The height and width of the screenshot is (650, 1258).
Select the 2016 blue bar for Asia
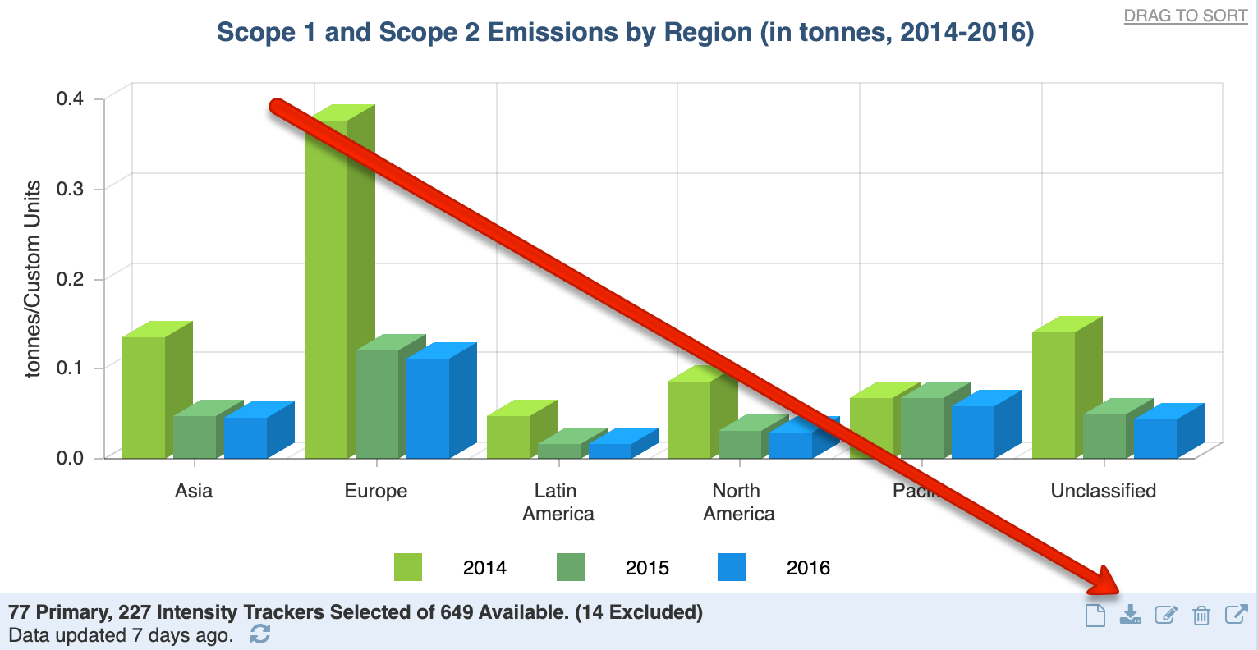point(246,437)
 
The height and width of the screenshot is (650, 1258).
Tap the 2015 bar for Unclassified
point(1104,436)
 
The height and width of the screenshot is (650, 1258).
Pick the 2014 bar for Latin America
point(508,437)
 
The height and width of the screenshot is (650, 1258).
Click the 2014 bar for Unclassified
point(1054,395)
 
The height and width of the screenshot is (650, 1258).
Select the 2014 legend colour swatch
point(408,567)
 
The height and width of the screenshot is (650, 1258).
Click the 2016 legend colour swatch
point(732,567)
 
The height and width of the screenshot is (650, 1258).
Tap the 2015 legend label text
point(647,568)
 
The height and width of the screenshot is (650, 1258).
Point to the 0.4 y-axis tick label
point(70,98)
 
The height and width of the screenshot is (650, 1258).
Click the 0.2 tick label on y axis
point(70,278)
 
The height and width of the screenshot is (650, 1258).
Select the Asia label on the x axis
point(194,491)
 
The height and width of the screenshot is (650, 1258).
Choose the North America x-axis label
point(738,502)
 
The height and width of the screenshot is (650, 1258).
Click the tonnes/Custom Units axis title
point(33,279)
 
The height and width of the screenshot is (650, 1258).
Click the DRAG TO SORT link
point(1186,16)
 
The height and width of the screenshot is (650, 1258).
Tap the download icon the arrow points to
point(1131,615)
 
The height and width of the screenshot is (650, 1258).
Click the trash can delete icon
point(1201,615)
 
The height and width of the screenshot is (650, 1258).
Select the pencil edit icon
point(1166,615)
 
